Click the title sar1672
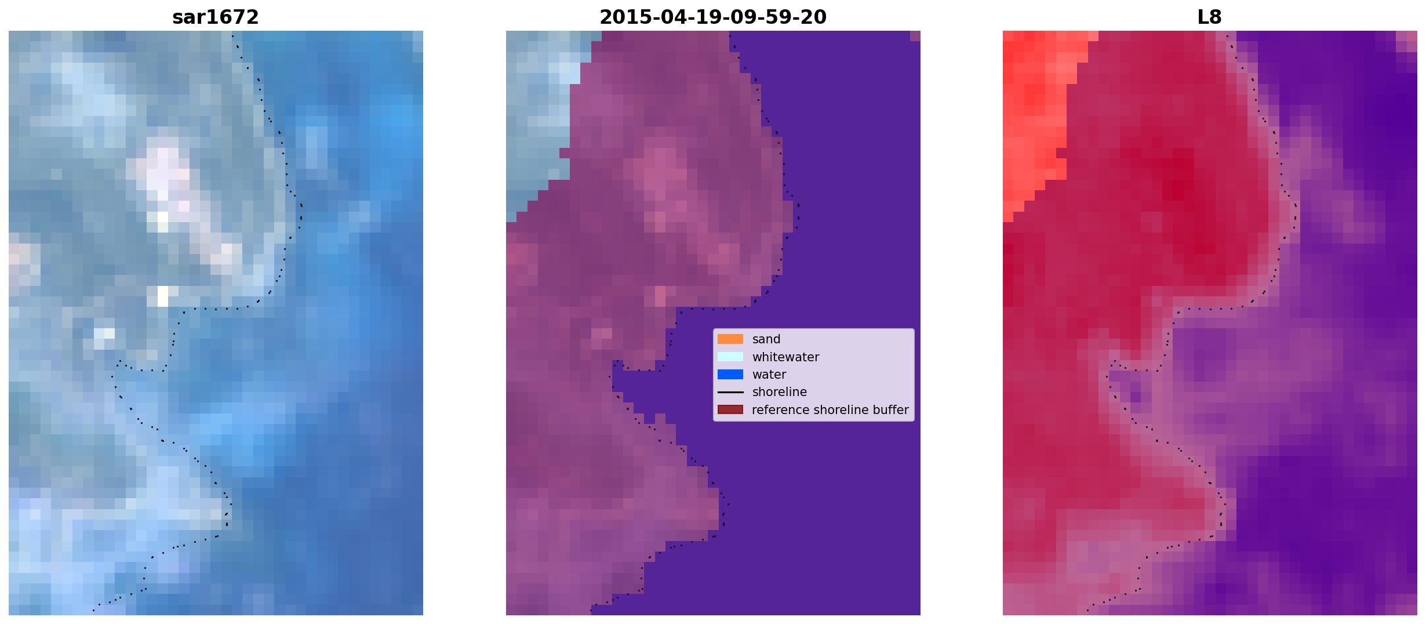[x=215, y=17]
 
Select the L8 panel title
[x=1209, y=17]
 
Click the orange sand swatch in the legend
[x=730, y=339]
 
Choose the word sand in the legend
[x=766, y=339]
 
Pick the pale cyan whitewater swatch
[x=730, y=357]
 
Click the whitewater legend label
[x=785, y=357]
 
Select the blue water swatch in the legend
[x=730, y=375]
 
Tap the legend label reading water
[x=769, y=375]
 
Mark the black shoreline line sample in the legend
[x=730, y=392]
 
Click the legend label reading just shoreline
[x=780, y=392]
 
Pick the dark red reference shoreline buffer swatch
[x=730, y=409]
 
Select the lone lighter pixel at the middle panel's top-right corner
[x=915, y=36]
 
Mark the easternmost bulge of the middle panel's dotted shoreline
[x=798, y=212]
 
